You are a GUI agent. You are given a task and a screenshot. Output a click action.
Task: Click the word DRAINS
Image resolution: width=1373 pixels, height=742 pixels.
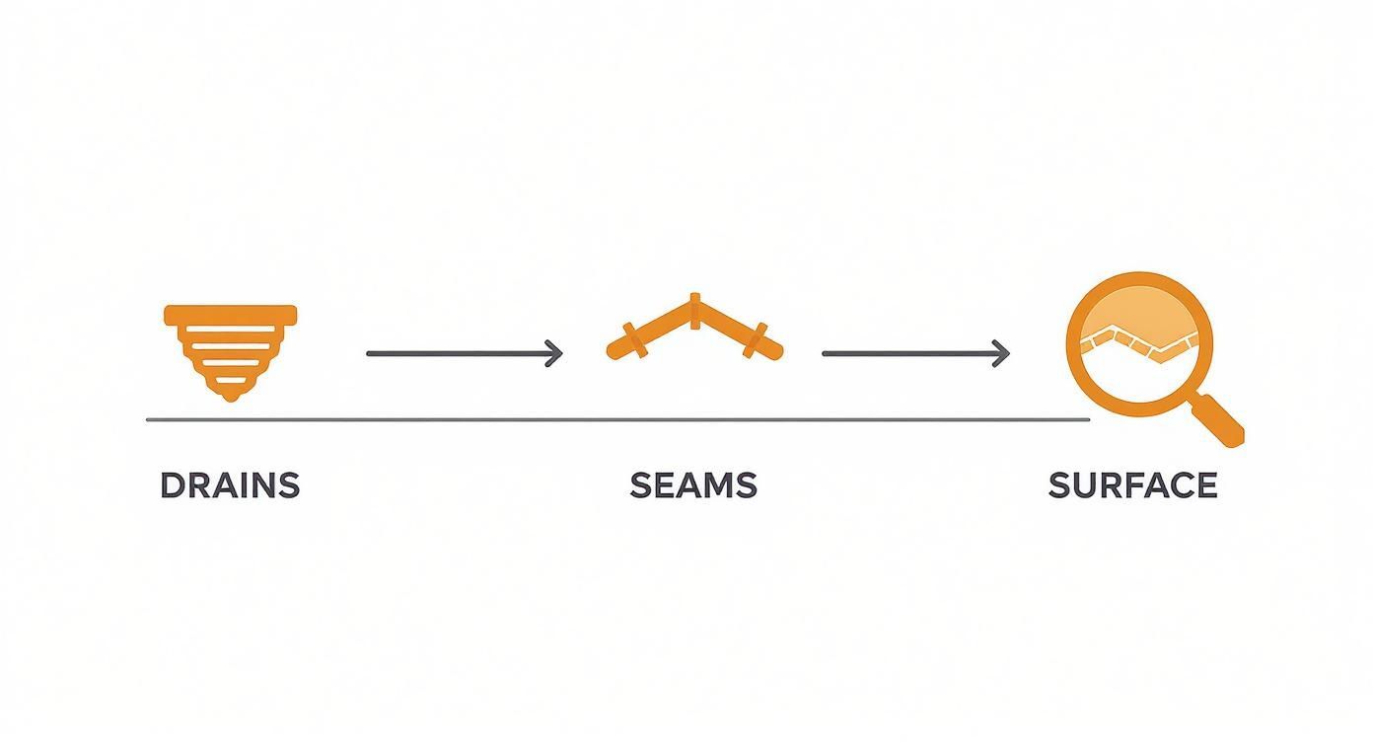pos(230,485)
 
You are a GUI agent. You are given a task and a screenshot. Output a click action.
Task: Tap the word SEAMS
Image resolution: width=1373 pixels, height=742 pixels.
pos(693,485)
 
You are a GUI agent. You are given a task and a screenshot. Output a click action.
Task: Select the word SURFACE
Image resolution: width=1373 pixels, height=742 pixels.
pos(1132,485)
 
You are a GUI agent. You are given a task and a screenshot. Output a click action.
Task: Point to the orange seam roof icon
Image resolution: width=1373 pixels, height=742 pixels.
pos(694,327)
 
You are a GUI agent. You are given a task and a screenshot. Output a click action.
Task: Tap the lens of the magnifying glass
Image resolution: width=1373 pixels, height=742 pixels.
pos(1139,344)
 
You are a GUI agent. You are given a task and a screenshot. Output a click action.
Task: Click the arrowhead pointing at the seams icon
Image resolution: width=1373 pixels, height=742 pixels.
pos(554,354)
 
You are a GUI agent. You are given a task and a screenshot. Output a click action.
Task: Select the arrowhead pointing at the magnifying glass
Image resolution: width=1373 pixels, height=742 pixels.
pos(1001,354)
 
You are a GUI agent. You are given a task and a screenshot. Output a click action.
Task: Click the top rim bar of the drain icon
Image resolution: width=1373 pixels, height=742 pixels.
pos(231,315)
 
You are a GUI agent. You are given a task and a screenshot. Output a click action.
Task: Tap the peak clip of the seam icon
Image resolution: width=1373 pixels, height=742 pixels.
pos(694,312)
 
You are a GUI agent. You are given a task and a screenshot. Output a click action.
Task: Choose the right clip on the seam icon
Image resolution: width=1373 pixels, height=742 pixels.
pos(756,339)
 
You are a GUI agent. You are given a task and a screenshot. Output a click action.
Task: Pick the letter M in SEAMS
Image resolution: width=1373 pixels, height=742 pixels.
pos(718,485)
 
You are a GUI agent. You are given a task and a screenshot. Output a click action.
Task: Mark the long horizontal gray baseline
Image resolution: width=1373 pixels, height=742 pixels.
pos(617,420)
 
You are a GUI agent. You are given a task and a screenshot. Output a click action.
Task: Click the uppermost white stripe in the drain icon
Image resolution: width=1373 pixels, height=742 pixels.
pos(231,330)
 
